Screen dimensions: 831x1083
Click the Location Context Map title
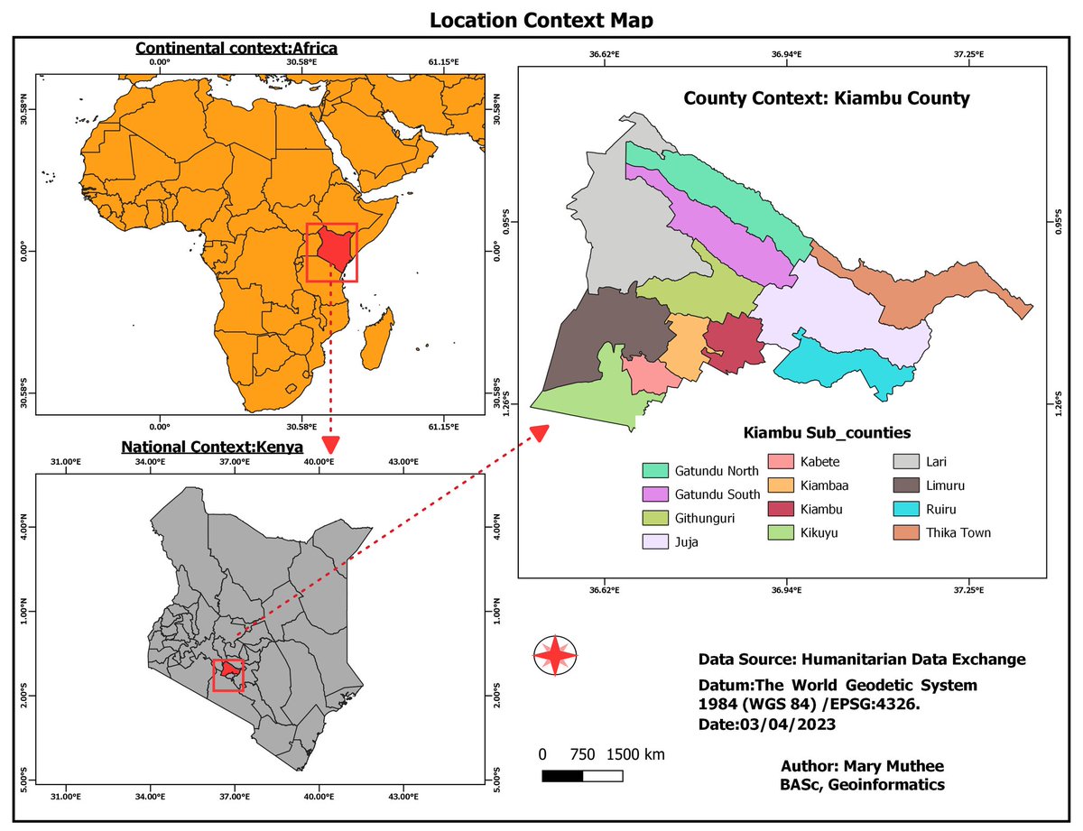541,20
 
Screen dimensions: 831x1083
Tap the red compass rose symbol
555,655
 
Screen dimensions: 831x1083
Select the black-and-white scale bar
582,776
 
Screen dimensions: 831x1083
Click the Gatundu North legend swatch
655,470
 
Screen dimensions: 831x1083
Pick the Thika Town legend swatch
907,532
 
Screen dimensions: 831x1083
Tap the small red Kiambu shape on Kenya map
231,670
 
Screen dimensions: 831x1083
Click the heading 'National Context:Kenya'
212,447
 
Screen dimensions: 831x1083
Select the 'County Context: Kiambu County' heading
826,98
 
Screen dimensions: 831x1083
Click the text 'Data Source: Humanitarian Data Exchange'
862,660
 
